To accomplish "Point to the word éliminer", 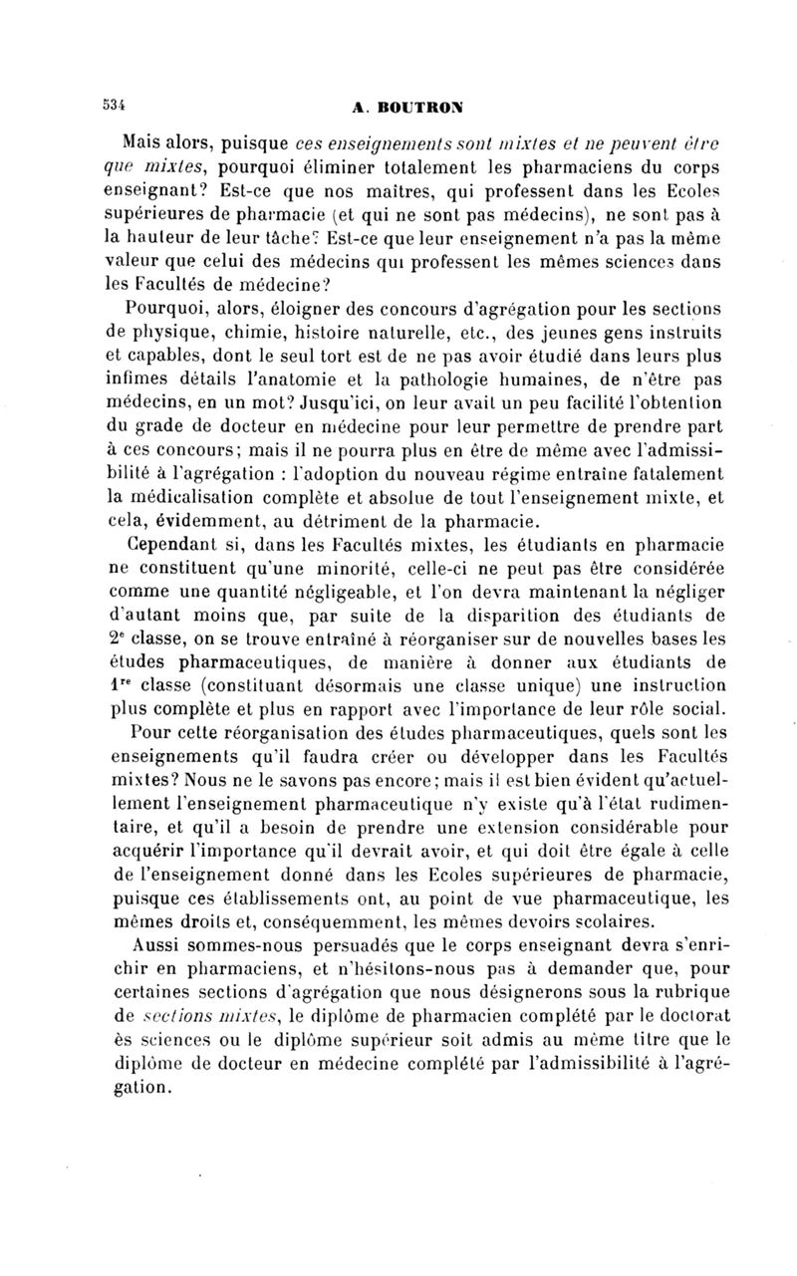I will (367, 163).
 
